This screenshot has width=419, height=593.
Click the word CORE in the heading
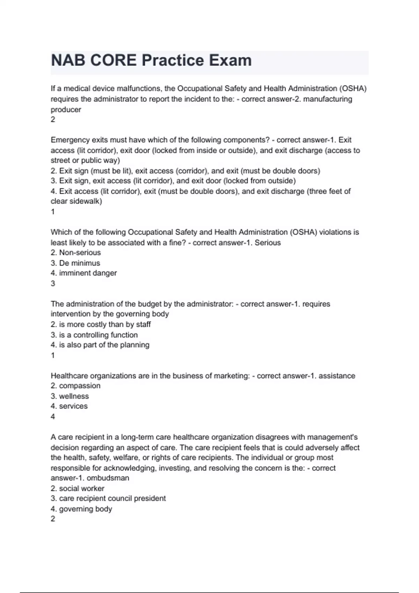click(113, 60)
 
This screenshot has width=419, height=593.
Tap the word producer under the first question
click(66, 110)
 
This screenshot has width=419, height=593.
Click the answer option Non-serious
click(80, 253)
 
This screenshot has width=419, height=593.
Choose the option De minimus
click(79, 263)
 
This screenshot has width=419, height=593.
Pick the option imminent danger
click(88, 273)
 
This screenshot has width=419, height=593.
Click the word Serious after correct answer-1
click(267, 243)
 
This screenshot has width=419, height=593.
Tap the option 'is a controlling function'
click(98, 335)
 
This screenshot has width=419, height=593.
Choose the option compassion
click(80, 386)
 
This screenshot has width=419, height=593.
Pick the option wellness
click(74, 396)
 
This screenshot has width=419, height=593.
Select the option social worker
click(81, 488)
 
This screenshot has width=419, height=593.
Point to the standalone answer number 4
click(53, 416)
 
